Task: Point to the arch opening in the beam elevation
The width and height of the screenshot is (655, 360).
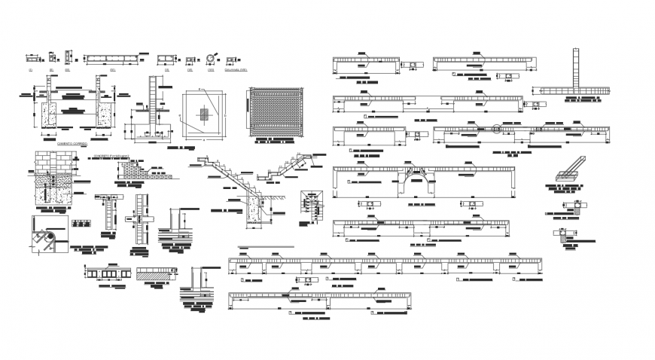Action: [x=419, y=183]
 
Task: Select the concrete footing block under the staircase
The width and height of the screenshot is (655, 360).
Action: [x=253, y=216]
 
